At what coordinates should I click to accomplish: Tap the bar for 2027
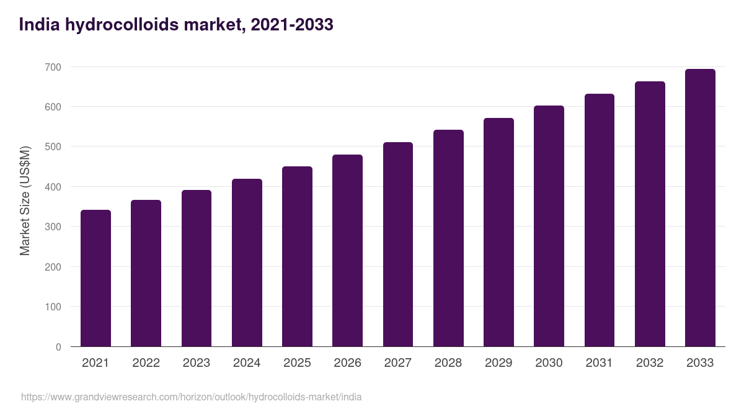tap(398, 245)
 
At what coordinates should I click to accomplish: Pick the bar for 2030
tap(549, 226)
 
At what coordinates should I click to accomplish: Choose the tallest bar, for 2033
tap(700, 208)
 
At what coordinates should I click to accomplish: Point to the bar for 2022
tap(146, 273)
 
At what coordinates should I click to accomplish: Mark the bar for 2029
tap(498, 232)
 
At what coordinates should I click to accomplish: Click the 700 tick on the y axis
tap(54, 67)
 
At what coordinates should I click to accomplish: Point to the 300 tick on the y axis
tap(54, 227)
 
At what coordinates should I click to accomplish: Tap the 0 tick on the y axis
tap(58, 347)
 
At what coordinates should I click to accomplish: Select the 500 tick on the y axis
tap(54, 147)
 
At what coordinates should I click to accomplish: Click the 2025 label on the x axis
tap(297, 363)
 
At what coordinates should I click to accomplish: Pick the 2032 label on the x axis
tap(650, 363)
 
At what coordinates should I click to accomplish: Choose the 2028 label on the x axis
tap(448, 363)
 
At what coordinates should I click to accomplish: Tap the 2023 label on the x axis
tap(197, 363)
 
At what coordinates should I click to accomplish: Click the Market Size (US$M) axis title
tap(25, 200)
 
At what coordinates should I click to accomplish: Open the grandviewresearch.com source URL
tap(191, 397)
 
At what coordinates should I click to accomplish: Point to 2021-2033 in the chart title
tap(292, 25)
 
